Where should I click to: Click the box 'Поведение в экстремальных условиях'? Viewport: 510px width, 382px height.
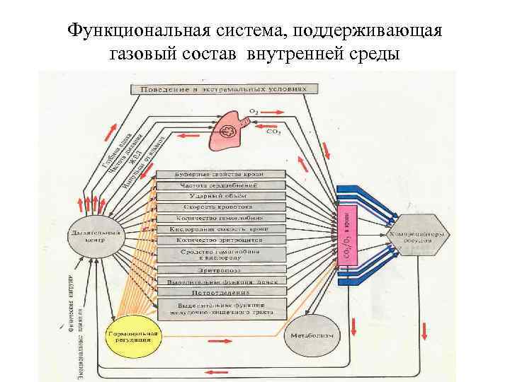[220, 90]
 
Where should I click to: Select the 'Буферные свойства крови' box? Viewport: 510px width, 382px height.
[221, 174]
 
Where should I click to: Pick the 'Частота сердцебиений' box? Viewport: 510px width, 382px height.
[221, 185]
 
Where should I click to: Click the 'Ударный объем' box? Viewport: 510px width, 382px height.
[221, 196]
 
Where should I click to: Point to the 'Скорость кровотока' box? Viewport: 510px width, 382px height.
[221, 207]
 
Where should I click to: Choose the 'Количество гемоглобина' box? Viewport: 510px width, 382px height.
[221, 219]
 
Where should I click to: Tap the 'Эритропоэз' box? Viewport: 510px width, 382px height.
[221, 270]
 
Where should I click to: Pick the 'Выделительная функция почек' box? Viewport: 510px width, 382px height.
[221, 281]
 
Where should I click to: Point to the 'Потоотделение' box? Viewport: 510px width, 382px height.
[221, 291]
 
